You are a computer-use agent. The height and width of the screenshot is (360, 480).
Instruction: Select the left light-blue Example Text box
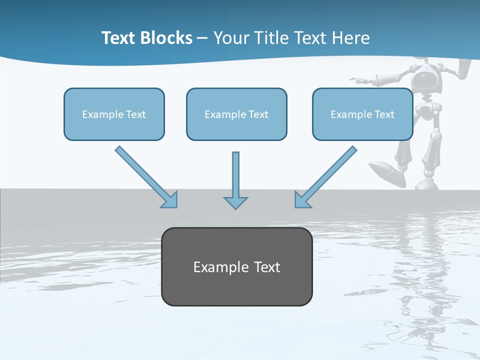114,114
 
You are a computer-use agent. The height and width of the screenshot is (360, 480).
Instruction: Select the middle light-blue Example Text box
236,114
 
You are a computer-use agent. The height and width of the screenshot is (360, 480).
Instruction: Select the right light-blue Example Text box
362,114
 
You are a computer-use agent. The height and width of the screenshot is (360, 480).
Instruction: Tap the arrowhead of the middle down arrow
235,202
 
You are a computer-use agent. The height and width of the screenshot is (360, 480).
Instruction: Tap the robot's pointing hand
358,79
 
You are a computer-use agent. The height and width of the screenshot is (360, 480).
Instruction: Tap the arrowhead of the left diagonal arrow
170,200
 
